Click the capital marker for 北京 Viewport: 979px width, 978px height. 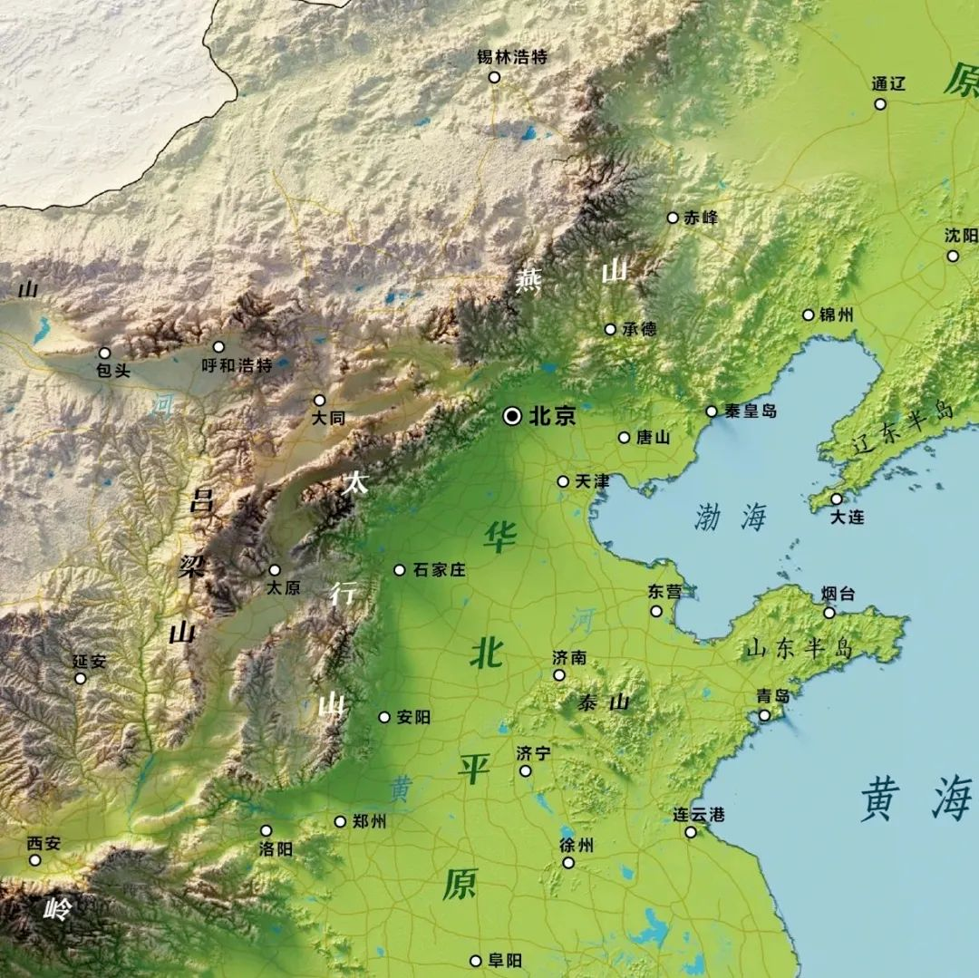point(512,416)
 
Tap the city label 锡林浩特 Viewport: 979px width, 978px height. point(512,57)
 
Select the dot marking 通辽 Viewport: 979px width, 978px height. point(880,104)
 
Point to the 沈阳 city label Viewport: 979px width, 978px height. point(961,235)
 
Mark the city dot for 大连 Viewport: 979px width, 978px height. point(836,499)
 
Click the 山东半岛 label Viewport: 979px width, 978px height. point(800,648)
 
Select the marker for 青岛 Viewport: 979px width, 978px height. point(764,715)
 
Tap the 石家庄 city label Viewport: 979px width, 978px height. point(439,570)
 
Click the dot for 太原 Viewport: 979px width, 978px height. point(275,570)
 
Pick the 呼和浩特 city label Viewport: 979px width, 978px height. point(237,366)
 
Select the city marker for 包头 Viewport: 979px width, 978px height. point(104,353)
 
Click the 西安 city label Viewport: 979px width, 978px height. point(44,843)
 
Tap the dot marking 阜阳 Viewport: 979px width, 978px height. point(475,961)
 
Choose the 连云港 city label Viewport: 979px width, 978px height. point(699,814)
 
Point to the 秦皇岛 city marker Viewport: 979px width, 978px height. point(712,412)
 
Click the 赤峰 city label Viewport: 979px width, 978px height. point(701,218)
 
